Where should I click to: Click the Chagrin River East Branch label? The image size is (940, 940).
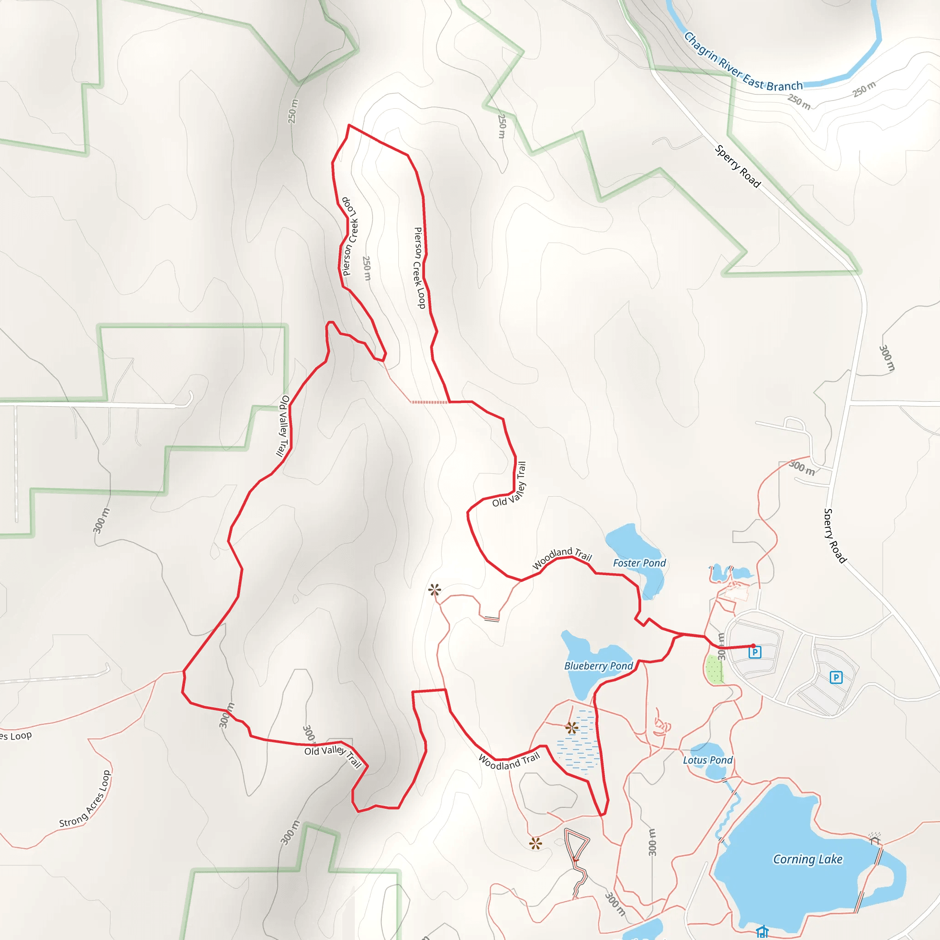tap(743, 62)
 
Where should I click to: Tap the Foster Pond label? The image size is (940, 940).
tap(639, 563)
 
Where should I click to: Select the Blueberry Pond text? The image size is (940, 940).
tap(599, 666)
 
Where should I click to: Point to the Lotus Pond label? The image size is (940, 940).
tap(707, 760)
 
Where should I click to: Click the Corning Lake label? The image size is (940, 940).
tap(808, 859)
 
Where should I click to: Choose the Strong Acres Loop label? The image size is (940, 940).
tap(86, 799)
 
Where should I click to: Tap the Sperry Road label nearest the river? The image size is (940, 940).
tap(738, 166)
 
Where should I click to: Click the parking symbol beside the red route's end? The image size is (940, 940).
tap(755, 653)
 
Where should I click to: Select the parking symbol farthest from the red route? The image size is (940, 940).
tap(836, 677)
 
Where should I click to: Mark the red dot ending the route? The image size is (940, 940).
tap(753, 646)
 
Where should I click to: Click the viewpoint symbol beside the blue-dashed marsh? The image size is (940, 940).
tap(572, 728)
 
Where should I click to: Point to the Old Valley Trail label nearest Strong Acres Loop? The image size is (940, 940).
tap(333, 755)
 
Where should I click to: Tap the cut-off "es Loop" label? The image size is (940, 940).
tap(16, 736)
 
